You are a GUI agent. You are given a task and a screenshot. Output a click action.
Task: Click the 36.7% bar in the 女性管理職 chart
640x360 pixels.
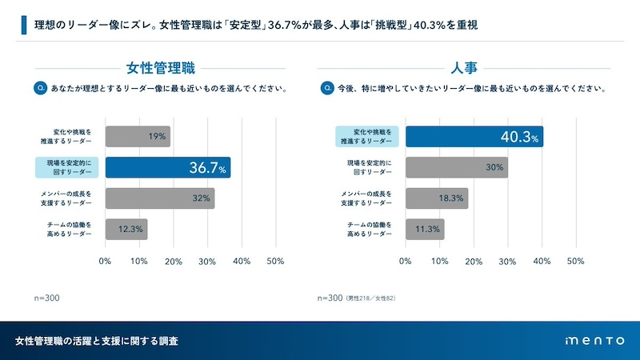pyautogui.click(x=168, y=167)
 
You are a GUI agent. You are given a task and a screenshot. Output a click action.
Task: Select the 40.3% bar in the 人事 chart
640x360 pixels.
pyautogui.click(x=474, y=137)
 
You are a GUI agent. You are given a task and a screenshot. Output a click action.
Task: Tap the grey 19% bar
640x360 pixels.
pyautogui.click(x=138, y=137)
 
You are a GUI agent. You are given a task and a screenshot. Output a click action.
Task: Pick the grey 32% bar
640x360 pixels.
pyautogui.click(x=160, y=198)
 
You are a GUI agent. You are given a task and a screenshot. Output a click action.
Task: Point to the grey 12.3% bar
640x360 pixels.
pyautogui.click(x=126, y=230)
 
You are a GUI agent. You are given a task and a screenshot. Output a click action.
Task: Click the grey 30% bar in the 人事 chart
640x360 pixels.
pyautogui.click(x=456, y=167)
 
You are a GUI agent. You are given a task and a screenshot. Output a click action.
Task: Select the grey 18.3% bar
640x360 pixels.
pyautogui.click(x=436, y=198)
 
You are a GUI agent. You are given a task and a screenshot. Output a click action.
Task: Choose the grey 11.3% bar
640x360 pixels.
pyautogui.click(x=424, y=230)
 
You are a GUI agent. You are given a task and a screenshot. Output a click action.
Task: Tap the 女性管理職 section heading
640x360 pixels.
pyautogui.click(x=161, y=67)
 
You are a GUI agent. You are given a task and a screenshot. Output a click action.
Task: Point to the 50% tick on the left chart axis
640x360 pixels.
pyautogui.click(x=274, y=262)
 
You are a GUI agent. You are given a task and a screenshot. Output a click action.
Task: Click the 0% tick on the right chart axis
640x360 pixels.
pyautogui.click(x=406, y=262)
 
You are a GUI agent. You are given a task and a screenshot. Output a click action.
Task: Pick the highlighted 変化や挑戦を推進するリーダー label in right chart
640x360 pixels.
pyautogui.click(x=366, y=137)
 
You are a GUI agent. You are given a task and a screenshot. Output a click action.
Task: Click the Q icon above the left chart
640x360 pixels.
pyautogui.click(x=40, y=87)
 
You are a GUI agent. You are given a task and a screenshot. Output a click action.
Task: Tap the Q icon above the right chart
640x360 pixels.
pyautogui.click(x=326, y=87)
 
